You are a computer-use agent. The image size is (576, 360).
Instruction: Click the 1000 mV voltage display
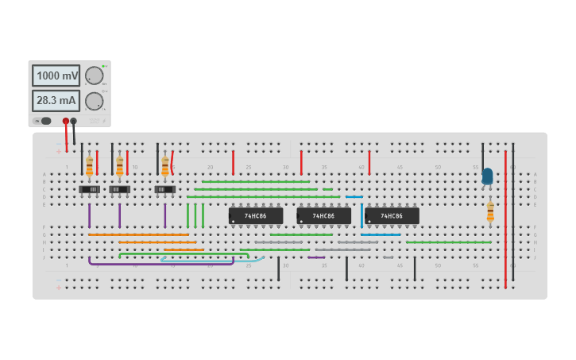click(56, 75)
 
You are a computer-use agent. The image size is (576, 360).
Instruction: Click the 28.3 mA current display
click(56, 101)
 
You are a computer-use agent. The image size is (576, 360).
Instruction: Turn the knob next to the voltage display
click(94, 75)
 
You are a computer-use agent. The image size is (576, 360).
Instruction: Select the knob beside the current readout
click(94, 101)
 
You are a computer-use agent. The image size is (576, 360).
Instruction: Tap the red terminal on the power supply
click(66, 121)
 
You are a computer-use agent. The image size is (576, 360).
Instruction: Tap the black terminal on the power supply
click(74, 121)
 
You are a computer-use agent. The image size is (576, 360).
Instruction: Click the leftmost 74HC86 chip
click(256, 215)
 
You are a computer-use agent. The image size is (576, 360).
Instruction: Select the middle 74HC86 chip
click(323, 215)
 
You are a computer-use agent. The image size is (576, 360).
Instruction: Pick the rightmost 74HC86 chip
click(392, 215)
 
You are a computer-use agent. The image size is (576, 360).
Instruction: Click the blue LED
click(487, 176)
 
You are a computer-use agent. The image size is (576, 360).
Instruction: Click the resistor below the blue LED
click(490, 211)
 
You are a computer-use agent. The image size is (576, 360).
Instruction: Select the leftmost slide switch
click(89, 189)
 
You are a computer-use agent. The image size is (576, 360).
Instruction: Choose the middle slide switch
click(119, 189)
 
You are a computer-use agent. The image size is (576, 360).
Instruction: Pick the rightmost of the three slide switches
click(164, 189)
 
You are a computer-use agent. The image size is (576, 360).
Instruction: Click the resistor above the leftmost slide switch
click(89, 165)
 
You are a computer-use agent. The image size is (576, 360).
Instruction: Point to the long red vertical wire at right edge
click(505, 223)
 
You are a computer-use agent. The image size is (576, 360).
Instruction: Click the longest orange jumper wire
click(139, 234)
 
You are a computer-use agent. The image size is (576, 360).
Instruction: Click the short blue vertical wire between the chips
click(361, 215)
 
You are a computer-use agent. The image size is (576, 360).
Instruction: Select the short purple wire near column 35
click(316, 257)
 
